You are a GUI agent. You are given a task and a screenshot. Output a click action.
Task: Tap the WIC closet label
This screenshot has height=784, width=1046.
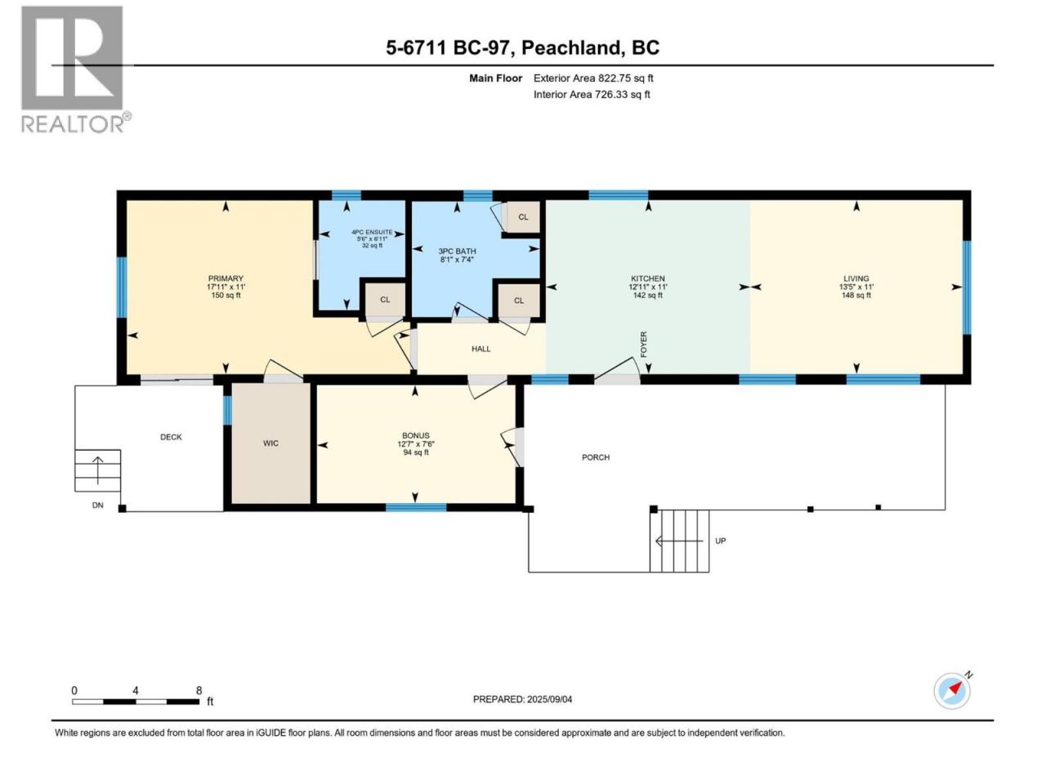270,443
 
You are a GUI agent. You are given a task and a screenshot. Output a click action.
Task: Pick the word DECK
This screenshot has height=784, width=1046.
171,437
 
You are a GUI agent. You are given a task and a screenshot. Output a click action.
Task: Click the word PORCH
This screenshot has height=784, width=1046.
595,457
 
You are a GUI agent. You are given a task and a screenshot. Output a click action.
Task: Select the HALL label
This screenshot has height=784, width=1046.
481,349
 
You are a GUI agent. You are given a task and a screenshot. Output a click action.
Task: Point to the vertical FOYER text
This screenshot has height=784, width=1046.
643,345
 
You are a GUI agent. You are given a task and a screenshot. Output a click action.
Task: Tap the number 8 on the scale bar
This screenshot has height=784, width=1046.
199,690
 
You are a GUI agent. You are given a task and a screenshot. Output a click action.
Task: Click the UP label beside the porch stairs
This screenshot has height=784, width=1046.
720,541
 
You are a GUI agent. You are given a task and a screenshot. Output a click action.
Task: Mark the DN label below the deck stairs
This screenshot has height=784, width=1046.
97,505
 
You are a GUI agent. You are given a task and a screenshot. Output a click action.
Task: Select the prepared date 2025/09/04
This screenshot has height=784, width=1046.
549,699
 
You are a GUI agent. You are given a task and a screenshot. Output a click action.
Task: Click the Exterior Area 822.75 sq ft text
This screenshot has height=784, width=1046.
593,78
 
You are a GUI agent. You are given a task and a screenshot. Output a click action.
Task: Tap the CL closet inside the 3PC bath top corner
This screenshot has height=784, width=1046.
523,217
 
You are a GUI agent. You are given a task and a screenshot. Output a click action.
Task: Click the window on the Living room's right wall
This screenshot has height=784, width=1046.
967,287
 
